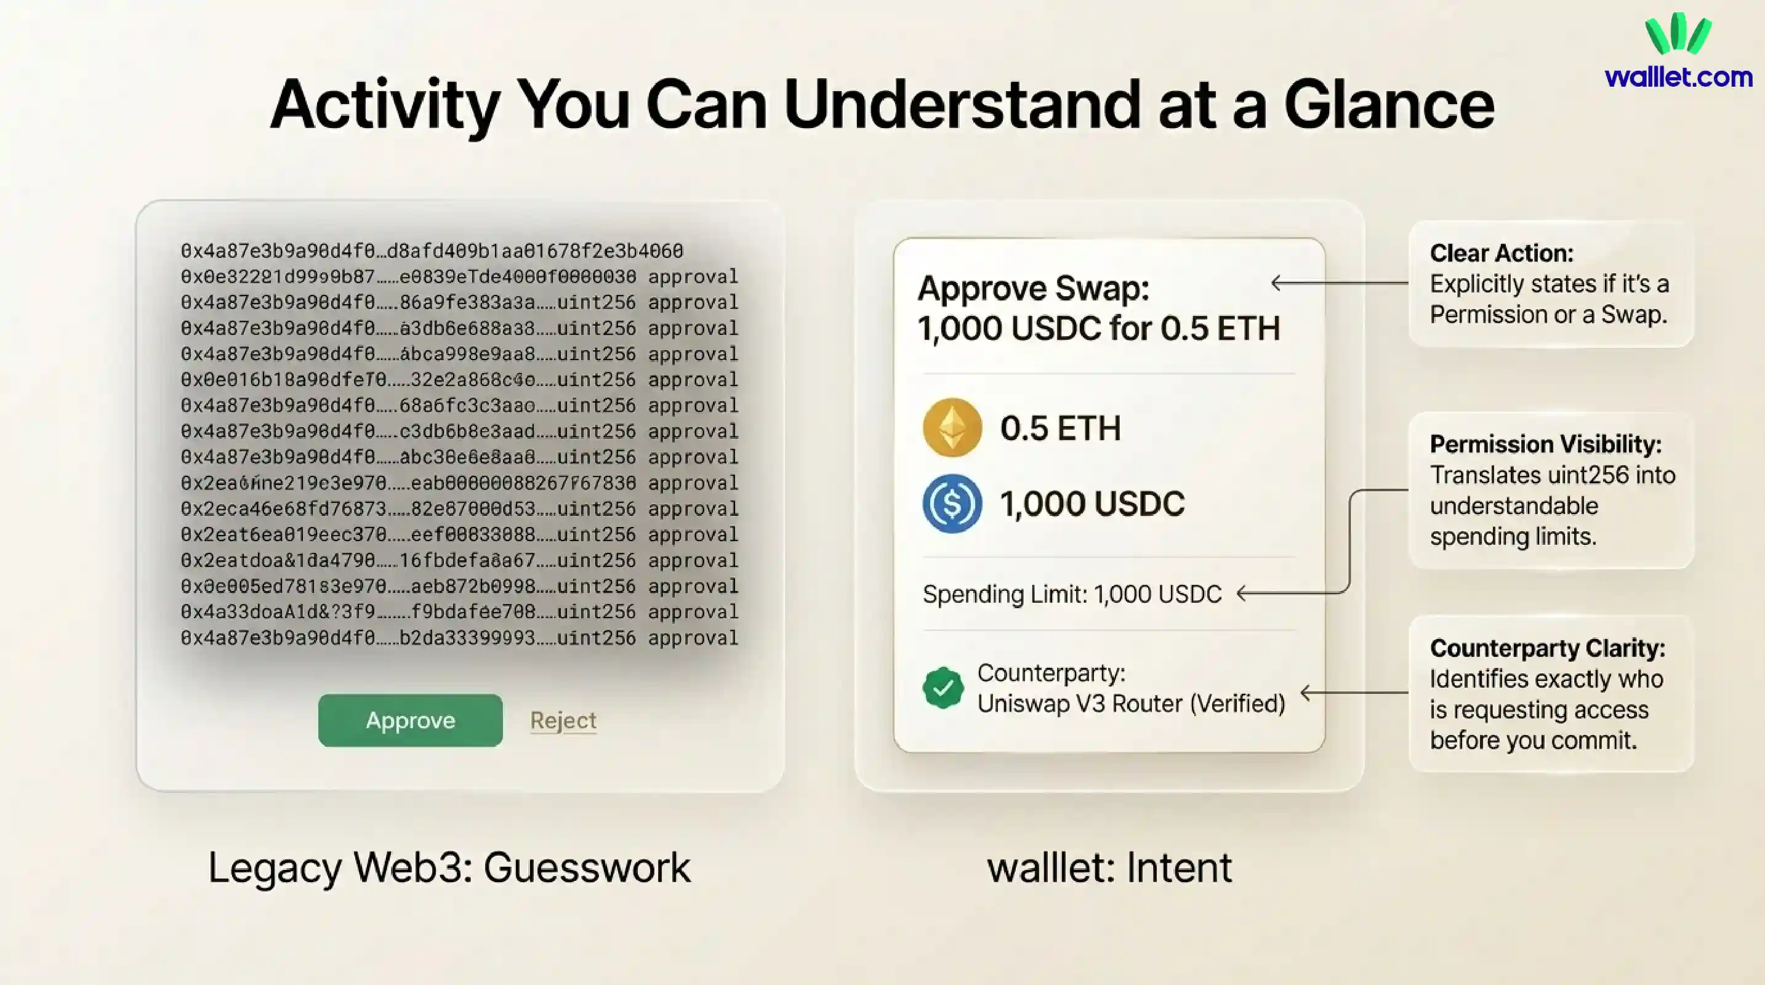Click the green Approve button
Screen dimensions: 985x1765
410,720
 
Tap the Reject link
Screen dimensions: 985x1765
563,720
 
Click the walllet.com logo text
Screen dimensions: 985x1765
1678,78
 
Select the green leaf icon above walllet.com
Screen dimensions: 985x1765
1678,33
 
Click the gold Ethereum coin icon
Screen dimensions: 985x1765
952,427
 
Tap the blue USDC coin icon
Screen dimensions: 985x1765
952,504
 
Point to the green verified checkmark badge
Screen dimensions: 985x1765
943,688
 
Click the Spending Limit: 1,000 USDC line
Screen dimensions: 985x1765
1072,594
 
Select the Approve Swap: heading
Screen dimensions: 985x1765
1033,287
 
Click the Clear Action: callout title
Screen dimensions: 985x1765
1502,254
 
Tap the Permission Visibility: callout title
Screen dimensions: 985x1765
1545,444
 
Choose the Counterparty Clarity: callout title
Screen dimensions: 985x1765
1547,648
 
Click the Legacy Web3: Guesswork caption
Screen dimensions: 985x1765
449,867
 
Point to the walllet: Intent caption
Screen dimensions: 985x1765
1109,867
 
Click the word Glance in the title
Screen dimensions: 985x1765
1388,105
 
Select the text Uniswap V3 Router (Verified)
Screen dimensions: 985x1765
1130,704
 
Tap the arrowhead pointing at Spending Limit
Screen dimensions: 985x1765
1242,594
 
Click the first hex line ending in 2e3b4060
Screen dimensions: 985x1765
432,251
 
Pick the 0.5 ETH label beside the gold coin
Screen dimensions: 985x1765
1060,428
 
